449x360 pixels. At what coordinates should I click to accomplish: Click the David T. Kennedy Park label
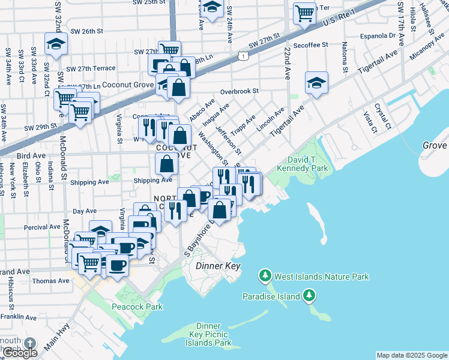click(x=303, y=164)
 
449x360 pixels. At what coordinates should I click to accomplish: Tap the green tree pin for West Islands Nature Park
click(x=264, y=276)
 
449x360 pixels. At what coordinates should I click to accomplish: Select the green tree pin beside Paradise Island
click(x=309, y=295)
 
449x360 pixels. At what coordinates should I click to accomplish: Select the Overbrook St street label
click(x=238, y=91)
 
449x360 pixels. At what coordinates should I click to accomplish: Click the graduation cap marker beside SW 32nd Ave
click(x=56, y=43)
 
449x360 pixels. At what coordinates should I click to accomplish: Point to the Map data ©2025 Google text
click(x=411, y=355)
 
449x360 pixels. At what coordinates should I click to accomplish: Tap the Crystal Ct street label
click(x=382, y=117)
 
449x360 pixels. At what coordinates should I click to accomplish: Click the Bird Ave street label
click(x=31, y=155)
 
